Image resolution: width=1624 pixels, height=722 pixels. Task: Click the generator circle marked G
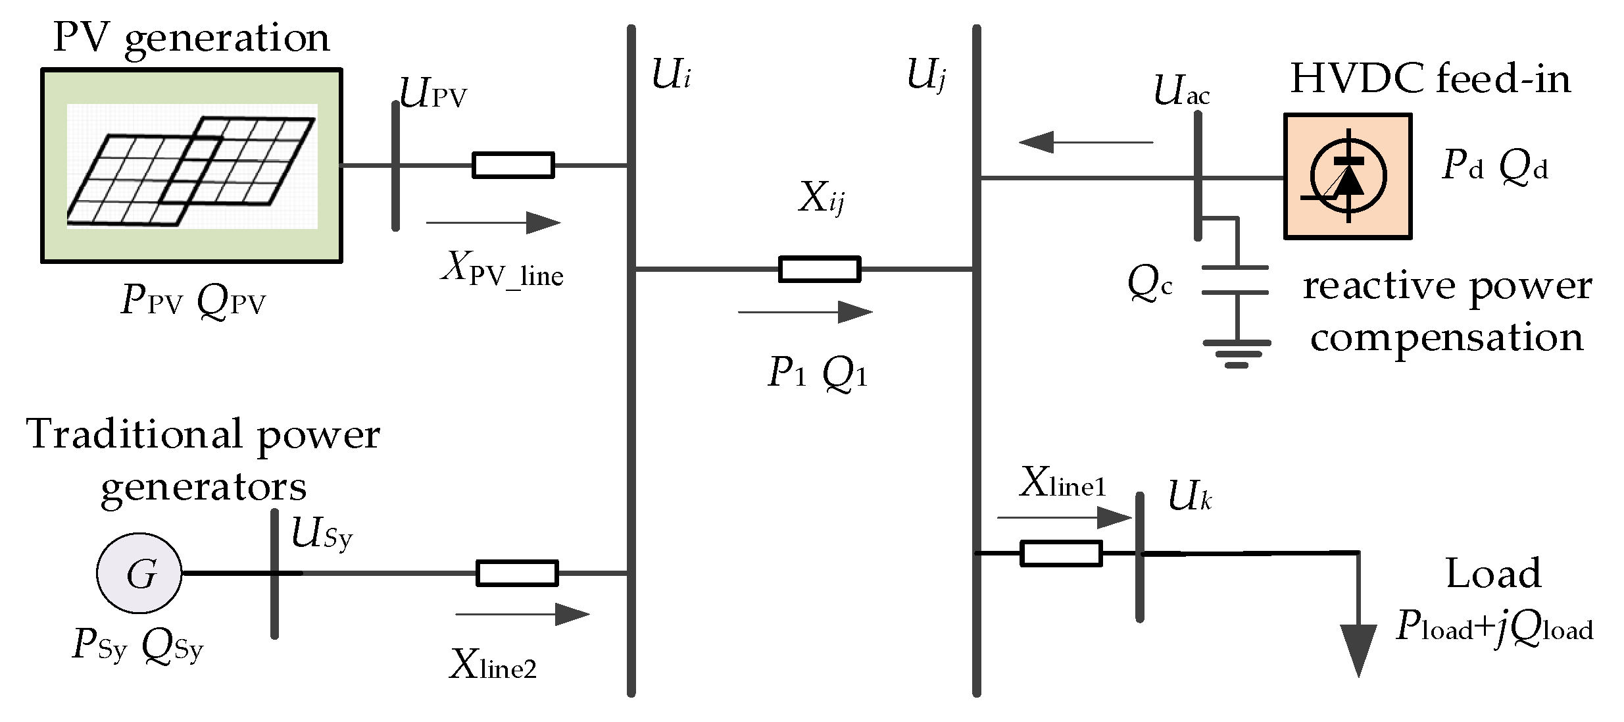pos(139,573)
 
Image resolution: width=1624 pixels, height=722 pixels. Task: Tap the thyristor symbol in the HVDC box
pos(1348,176)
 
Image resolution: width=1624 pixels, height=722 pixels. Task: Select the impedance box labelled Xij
pos(819,269)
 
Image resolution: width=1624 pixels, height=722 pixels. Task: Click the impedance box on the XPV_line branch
pos(513,165)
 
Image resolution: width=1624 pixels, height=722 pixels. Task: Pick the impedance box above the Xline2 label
pos(516,573)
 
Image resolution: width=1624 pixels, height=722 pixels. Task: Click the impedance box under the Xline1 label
pos(1060,554)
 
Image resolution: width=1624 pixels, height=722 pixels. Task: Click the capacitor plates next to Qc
pos(1235,280)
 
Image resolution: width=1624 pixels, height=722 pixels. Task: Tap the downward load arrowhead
pos(1358,648)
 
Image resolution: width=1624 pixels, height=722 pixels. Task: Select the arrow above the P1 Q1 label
pos(806,312)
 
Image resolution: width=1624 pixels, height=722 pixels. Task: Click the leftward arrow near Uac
pos(1085,142)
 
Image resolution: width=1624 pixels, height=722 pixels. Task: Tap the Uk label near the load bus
pos(1189,497)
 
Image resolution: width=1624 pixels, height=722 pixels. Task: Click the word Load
pos(1493,573)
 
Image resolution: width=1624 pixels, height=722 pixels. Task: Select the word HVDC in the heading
pos(1358,79)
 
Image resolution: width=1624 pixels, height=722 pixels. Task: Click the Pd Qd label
pos(1494,165)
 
